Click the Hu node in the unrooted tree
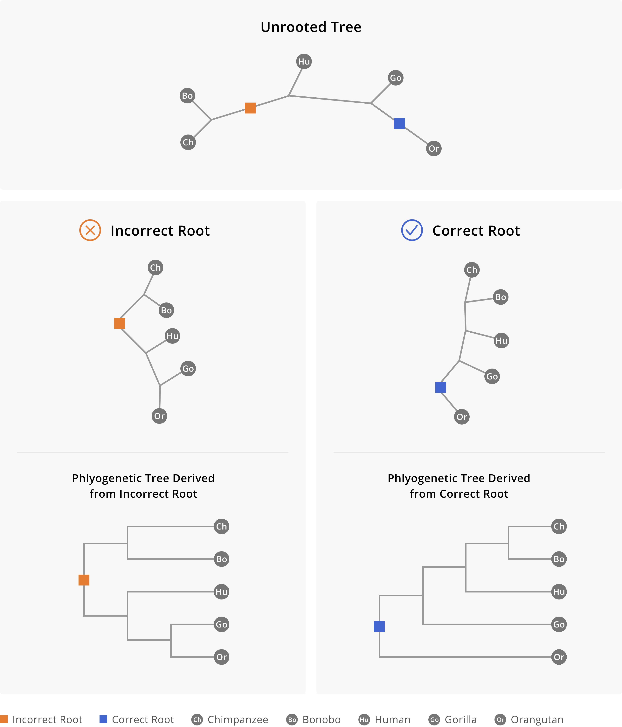click(304, 61)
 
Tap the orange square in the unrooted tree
click(250, 108)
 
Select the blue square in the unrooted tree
click(400, 123)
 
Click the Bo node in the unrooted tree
click(187, 96)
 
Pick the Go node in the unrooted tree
click(396, 78)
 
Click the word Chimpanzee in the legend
click(238, 720)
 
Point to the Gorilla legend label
click(461, 720)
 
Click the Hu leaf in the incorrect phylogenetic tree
click(221, 592)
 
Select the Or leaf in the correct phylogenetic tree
click(559, 657)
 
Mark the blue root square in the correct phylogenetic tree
click(379, 627)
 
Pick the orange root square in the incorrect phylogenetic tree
click(84, 580)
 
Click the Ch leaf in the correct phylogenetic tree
click(559, 527)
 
